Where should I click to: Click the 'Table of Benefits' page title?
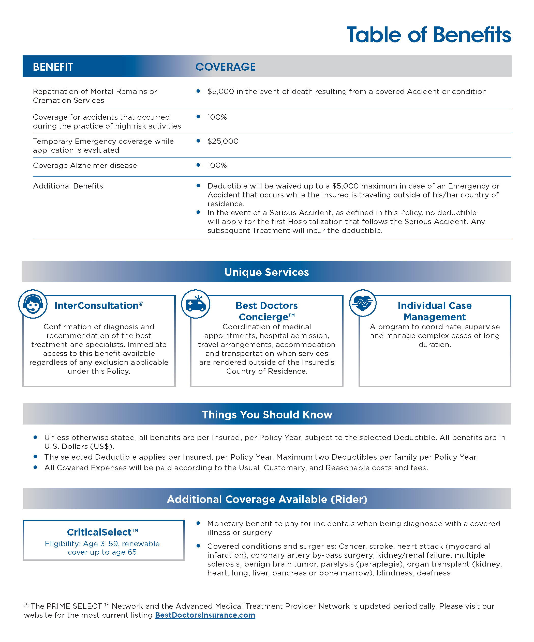click(x=428, y=35)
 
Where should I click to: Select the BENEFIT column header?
click(x=53, y=67)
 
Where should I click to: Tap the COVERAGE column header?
click(x=225, y=67)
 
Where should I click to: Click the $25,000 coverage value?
click(x=223, y=141)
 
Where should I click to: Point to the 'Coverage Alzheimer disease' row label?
click(x=85, y=165)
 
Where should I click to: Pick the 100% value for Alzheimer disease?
click(x=217, y=165)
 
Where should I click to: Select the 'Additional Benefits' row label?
click(x=68, y=186)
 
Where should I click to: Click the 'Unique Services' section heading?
click(x=266, y=272)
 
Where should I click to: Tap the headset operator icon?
click(x=33, y=304)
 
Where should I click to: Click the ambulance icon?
click(x=196, y=304)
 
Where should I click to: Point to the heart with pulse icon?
click(x=363, y=303)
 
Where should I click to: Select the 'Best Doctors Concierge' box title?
click(x=266, y=311)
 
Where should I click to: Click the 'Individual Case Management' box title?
click(x=435, y=311)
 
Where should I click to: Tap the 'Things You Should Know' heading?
click(x=267, y=414)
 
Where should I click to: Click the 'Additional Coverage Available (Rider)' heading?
click(x=267, y=499)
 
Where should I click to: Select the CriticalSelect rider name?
click(x=102, y=532)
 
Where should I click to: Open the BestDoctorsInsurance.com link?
click(x=205, y=615)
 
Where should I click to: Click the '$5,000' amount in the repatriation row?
click(x=221, y=91)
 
